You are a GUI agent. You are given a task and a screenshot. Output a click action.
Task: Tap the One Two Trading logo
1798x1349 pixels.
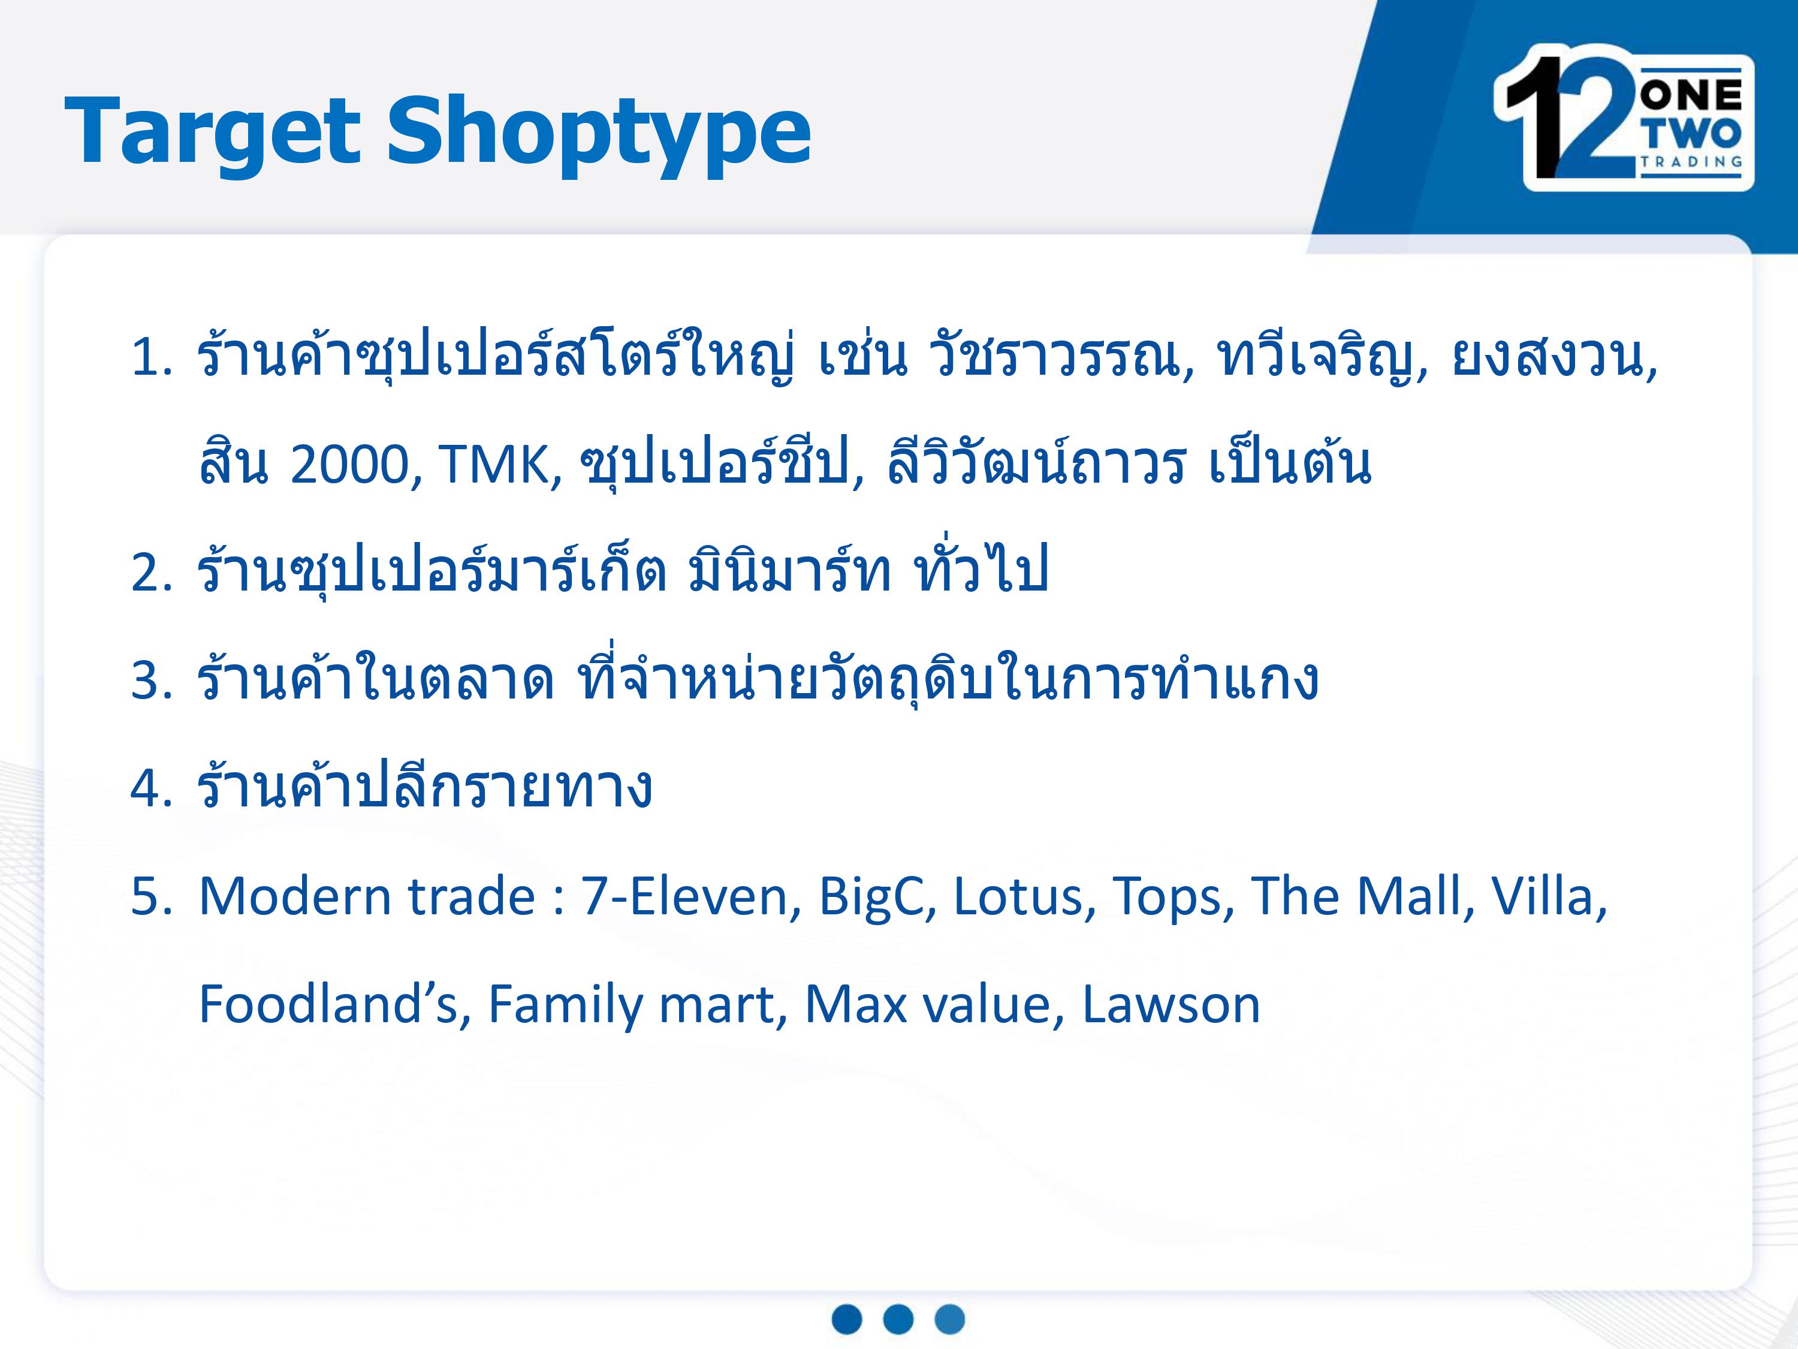(1622, 118)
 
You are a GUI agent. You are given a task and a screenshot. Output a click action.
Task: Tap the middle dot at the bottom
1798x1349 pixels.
(898, 1319)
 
